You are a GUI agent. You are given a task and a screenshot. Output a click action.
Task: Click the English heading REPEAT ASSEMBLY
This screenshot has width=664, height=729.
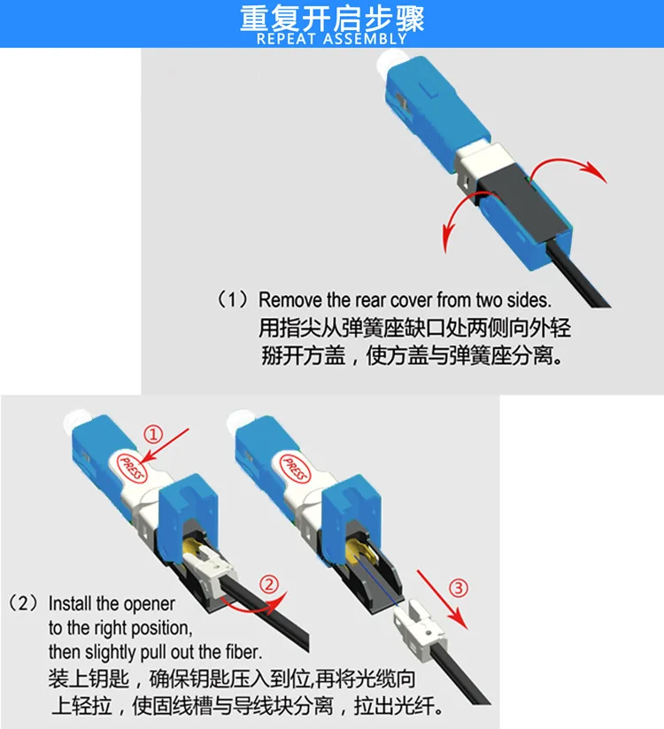click(332, 39)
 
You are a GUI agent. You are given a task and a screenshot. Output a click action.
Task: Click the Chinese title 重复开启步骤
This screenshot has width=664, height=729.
click(332, 18)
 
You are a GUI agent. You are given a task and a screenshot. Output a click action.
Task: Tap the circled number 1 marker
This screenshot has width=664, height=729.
click(153, 435)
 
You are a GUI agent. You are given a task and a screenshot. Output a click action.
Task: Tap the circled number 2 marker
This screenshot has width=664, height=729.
click(269, 584)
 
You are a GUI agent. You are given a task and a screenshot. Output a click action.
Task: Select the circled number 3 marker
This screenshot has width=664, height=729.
click(458, 588)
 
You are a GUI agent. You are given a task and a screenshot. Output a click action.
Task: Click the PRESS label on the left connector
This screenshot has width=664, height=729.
click(132, 467)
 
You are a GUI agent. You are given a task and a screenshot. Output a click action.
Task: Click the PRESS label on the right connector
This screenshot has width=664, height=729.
click(295, 469)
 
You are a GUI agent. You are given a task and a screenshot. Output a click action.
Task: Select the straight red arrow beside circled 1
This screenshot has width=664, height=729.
click(166, 446)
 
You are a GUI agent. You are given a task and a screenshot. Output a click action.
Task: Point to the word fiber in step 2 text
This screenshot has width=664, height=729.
click(244, 652)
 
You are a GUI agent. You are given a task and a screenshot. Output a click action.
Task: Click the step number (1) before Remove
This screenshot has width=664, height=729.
click(232, 299)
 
